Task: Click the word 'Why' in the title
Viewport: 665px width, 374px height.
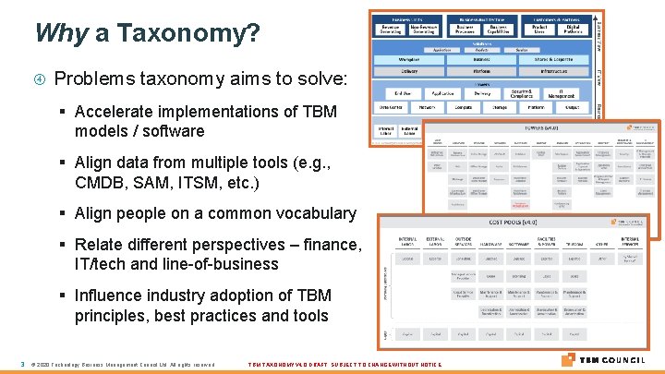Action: pyautogui.click(x=60, y=33)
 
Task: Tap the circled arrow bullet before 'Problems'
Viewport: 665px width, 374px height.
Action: pyautogui.click(x=41, y=79)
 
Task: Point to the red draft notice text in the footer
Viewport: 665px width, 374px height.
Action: pyautogui.click(x=345, y=364)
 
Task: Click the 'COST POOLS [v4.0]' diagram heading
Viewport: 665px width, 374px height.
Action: pyautogui.click(x=513, y=222)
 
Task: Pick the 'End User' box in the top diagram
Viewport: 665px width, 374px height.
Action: pyautogui.click(x=403, y=92)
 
